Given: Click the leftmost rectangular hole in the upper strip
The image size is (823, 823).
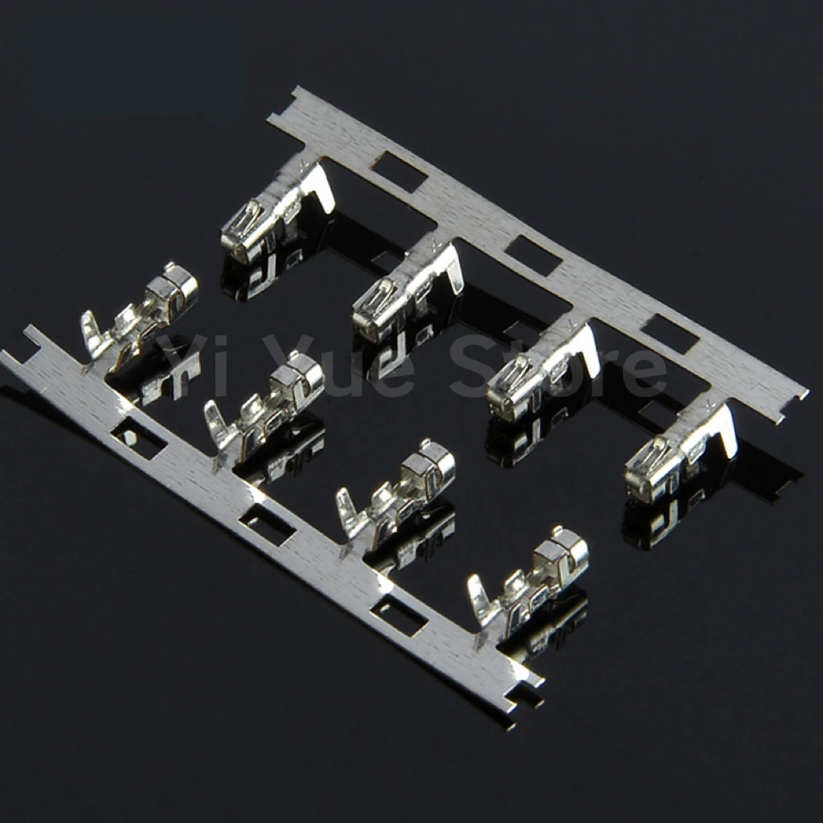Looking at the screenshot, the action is [400, 170].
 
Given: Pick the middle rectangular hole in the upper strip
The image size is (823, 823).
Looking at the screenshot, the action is [533, 255].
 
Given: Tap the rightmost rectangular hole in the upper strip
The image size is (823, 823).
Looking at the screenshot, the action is [669, 334].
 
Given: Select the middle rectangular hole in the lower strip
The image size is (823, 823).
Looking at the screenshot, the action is [267, 522].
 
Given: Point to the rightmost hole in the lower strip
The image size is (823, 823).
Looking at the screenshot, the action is [399, 612].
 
